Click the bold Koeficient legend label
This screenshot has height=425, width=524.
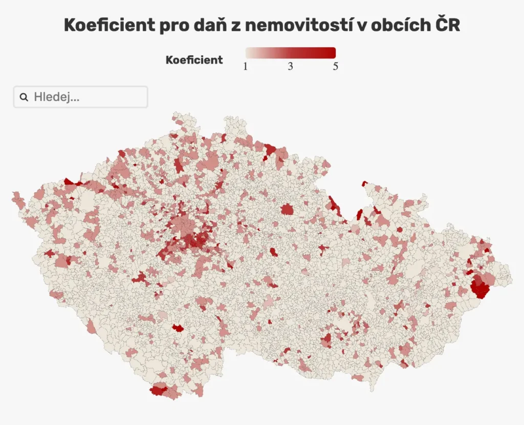tap(194, 60)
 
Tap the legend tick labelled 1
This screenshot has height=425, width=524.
tap(246, 67)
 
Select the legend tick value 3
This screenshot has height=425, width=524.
tap(290, 67)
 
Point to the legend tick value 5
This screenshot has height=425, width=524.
tap(335, 67)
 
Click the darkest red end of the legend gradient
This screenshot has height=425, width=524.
tap(332, 52)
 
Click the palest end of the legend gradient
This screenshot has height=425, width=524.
tap(249, 52)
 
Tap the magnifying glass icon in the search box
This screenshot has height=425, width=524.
tap(24, 97)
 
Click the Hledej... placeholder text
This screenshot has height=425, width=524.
tap(56, 97)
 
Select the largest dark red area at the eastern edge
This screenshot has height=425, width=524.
tap(480, 287)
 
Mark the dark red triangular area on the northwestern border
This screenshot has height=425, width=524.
tap(69, 181)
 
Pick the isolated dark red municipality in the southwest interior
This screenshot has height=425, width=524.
tap(178, 328)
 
